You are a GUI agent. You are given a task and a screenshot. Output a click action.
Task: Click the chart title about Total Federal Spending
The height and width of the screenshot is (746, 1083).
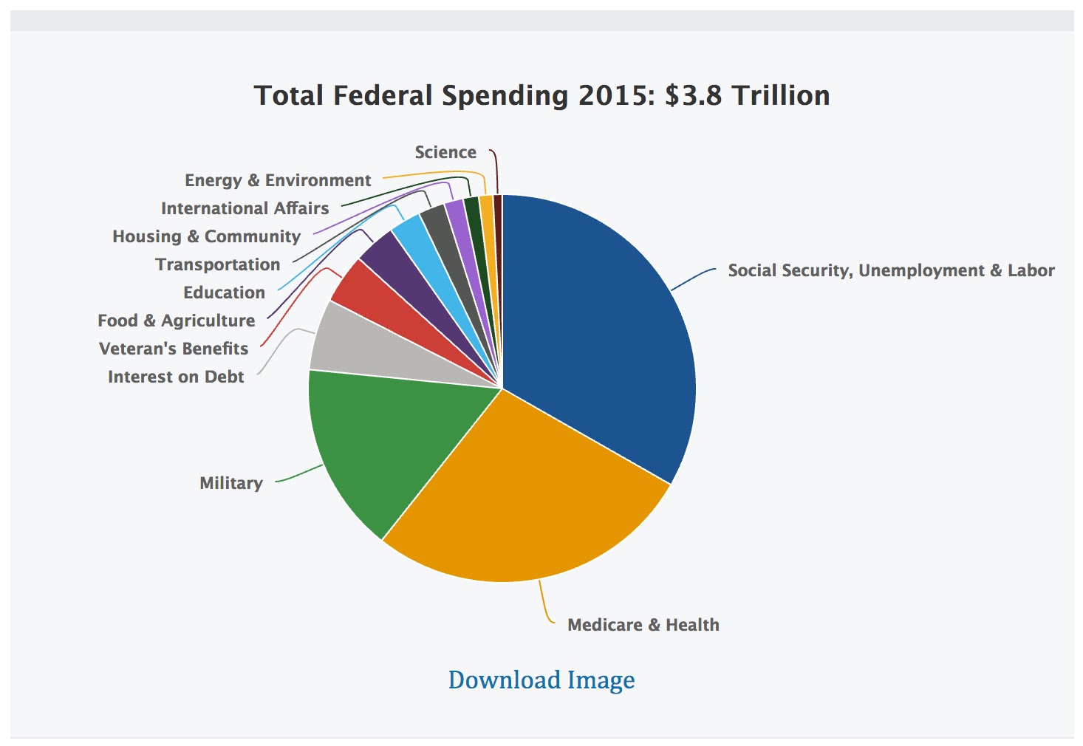(541, 96)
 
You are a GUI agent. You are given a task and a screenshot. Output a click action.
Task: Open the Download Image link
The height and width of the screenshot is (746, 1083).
(541, 680)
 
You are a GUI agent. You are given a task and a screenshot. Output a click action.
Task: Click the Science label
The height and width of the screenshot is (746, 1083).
(445, 152)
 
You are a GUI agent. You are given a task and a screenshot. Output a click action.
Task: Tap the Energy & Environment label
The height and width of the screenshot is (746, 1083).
(278, 180)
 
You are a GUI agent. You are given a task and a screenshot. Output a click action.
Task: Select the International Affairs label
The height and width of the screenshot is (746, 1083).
(245, 208)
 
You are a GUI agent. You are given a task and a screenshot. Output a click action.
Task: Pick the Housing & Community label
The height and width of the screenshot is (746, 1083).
(206, 236)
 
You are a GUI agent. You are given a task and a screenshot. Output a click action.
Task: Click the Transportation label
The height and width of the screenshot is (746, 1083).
(218, 264)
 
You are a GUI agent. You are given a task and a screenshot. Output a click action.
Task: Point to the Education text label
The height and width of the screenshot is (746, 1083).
(224, 292)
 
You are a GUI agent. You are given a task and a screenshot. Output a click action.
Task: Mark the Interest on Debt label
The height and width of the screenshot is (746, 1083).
(176, 377)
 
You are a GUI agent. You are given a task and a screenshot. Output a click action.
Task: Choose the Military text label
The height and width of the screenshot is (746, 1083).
(231, 483)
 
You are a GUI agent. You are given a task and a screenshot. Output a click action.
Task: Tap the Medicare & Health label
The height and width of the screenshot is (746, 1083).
(643, 625)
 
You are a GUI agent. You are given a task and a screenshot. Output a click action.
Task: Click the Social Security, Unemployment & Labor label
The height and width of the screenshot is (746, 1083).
(891, 270)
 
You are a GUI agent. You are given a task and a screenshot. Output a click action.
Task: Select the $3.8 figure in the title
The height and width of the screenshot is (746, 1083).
(692, 96)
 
